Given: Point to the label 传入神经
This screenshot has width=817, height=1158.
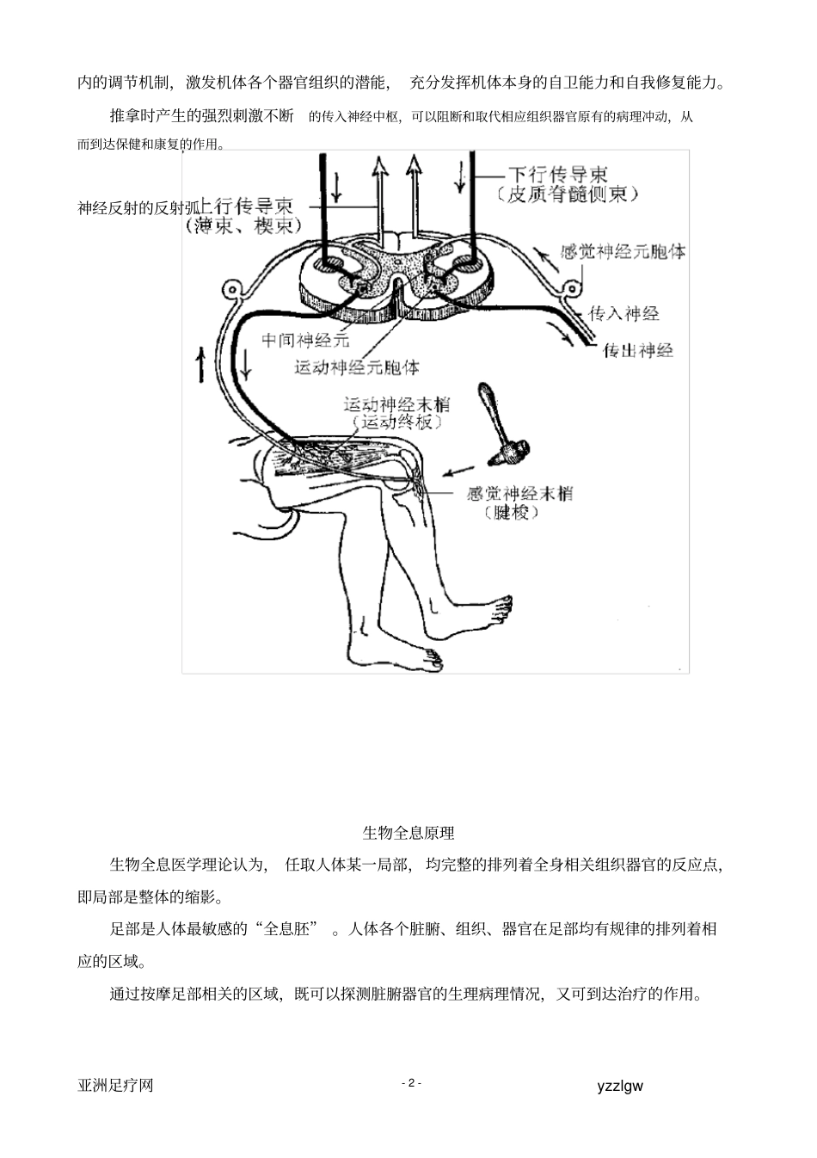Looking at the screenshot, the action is click(x=624, y=313).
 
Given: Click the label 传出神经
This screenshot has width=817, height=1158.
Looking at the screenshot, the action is click(x=637, y=350).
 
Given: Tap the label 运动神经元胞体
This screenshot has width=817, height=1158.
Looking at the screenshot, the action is click(x=357, y=367).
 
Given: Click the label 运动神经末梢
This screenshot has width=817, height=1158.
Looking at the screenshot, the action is click(x=396, y=403).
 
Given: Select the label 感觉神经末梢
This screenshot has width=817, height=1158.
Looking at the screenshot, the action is click(x=519, y=493).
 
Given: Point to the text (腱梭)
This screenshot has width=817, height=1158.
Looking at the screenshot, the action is click(x=511, y=513).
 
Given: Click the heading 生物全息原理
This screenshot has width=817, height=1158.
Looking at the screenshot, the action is click(x=408, y=832).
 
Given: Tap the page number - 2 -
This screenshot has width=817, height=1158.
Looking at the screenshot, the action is click(x=411, y=1082).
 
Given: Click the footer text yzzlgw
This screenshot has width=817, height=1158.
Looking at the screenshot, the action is click(x=619, y=1086).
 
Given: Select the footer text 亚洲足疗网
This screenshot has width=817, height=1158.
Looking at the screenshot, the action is click(x=115, y=1086).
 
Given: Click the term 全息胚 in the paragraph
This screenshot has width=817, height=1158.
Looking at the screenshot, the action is click(x=289, y=928).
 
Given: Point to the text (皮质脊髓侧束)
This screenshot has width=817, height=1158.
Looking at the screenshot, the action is click(x=568, y=194).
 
